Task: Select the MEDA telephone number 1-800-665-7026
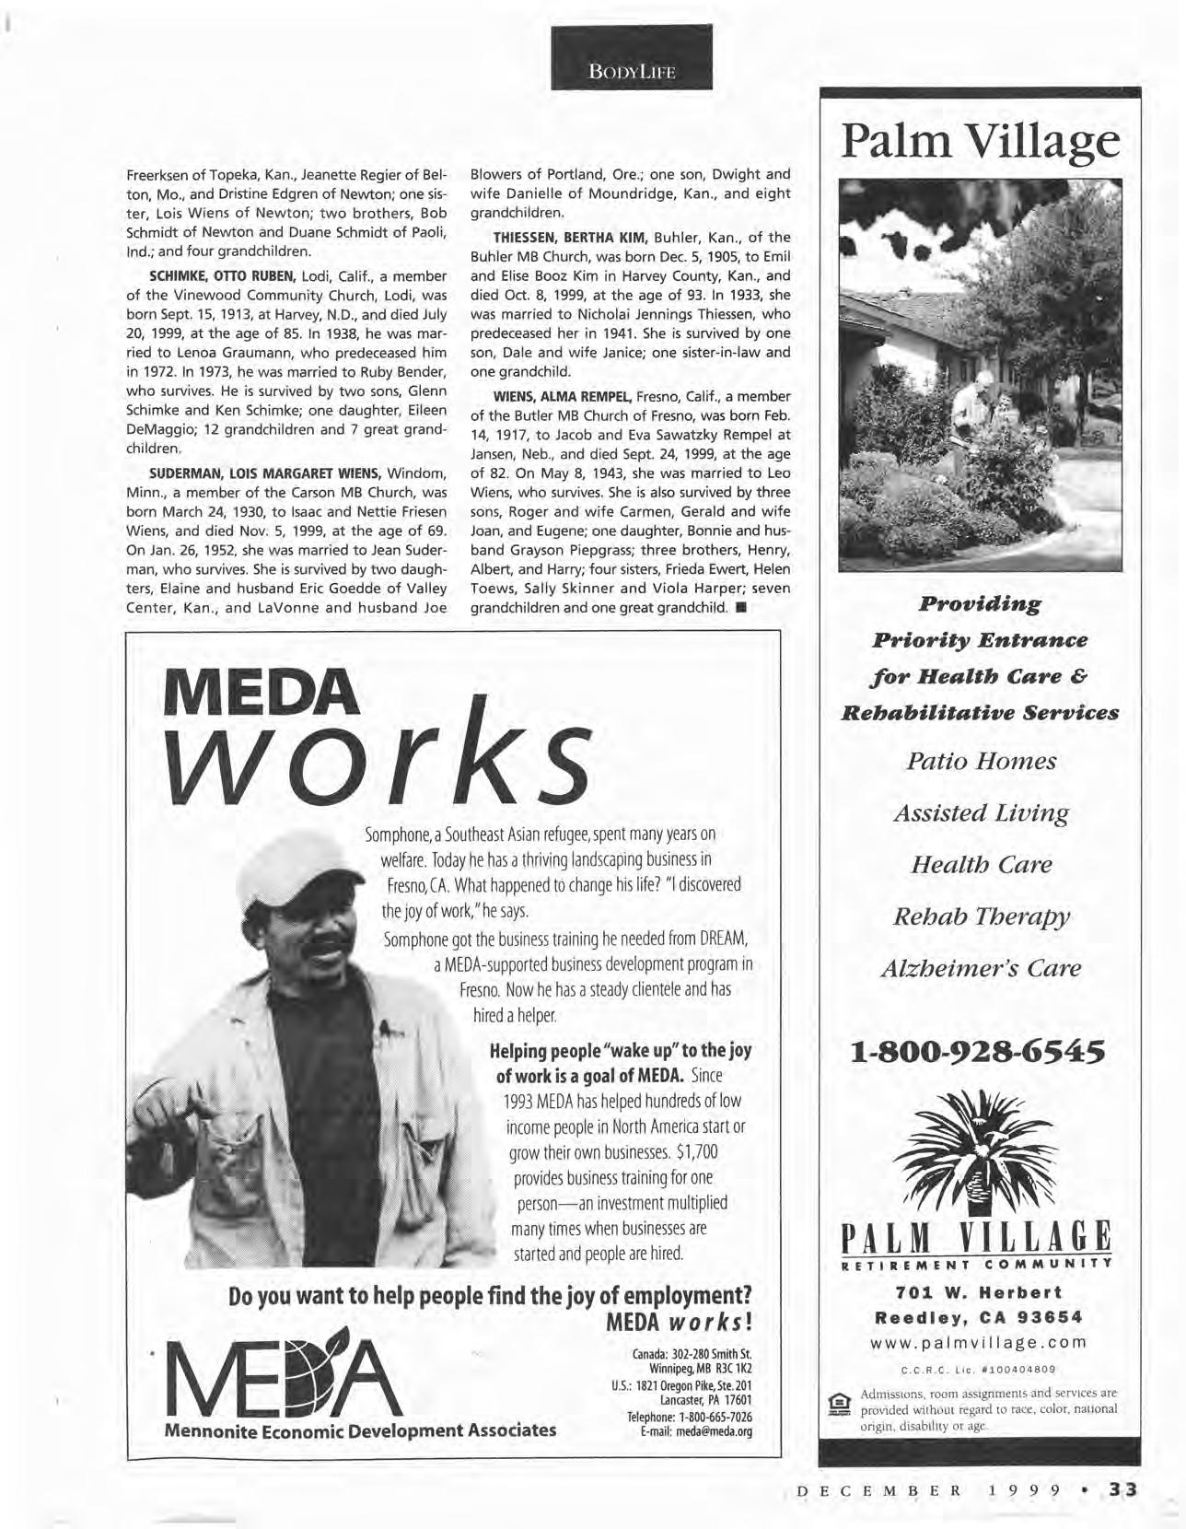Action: coord(690,1417)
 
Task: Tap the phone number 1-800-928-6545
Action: coord(979,1051)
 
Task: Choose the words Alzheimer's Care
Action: coord(980,968)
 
